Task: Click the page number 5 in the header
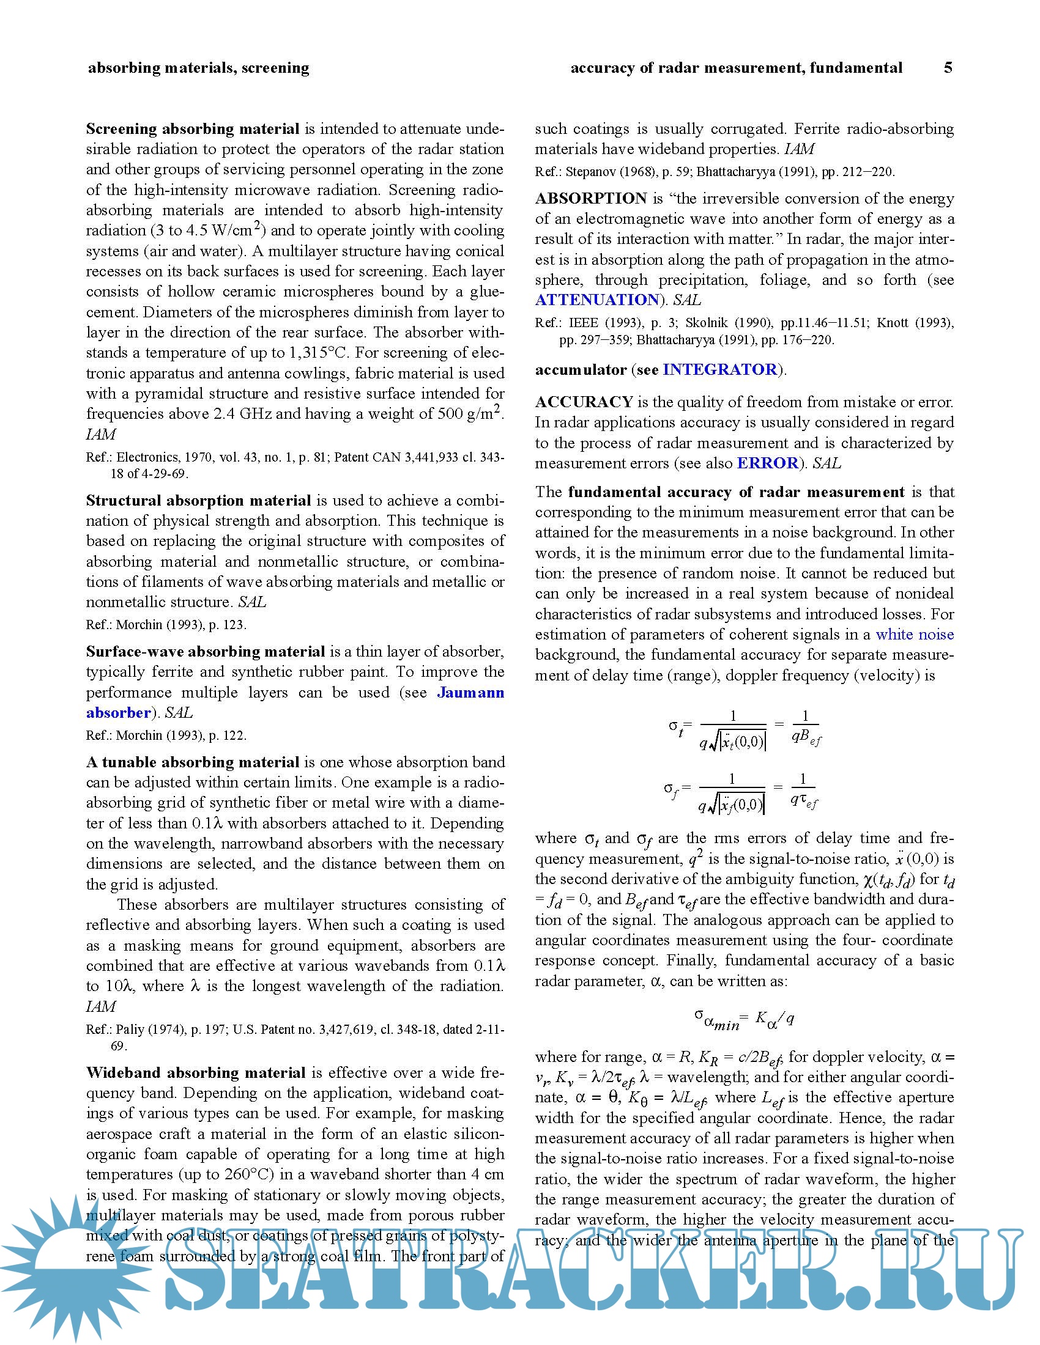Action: [948, 68]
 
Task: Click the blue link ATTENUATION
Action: [597, 300]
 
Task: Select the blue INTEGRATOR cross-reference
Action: [719, 369]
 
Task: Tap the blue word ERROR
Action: [767, 463]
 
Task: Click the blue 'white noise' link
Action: [915, 635]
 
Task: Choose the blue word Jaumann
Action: [470, 692]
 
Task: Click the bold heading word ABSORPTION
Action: [590, 198]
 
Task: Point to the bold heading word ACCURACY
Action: [584, 402]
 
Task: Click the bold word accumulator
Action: [581, 369]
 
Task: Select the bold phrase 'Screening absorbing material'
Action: [192, 129]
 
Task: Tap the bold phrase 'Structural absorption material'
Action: [198, 500]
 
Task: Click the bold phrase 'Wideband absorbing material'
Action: [195, 1072]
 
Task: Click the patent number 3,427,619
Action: [341, 1029]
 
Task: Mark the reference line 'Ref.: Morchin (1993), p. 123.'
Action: [166, 624]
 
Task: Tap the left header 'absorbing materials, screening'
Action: [198, 68]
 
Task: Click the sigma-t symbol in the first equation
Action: [676, 728]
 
